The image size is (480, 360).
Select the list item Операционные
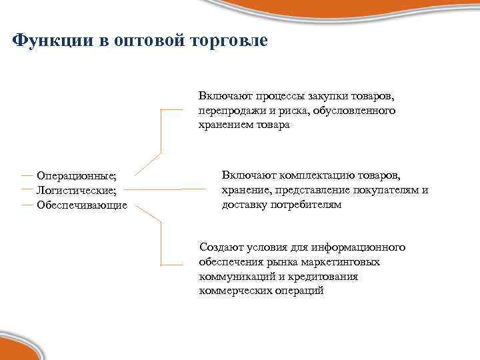point(76,175)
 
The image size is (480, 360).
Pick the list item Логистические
point(76,190)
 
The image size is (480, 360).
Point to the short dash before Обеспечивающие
point(27,204)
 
